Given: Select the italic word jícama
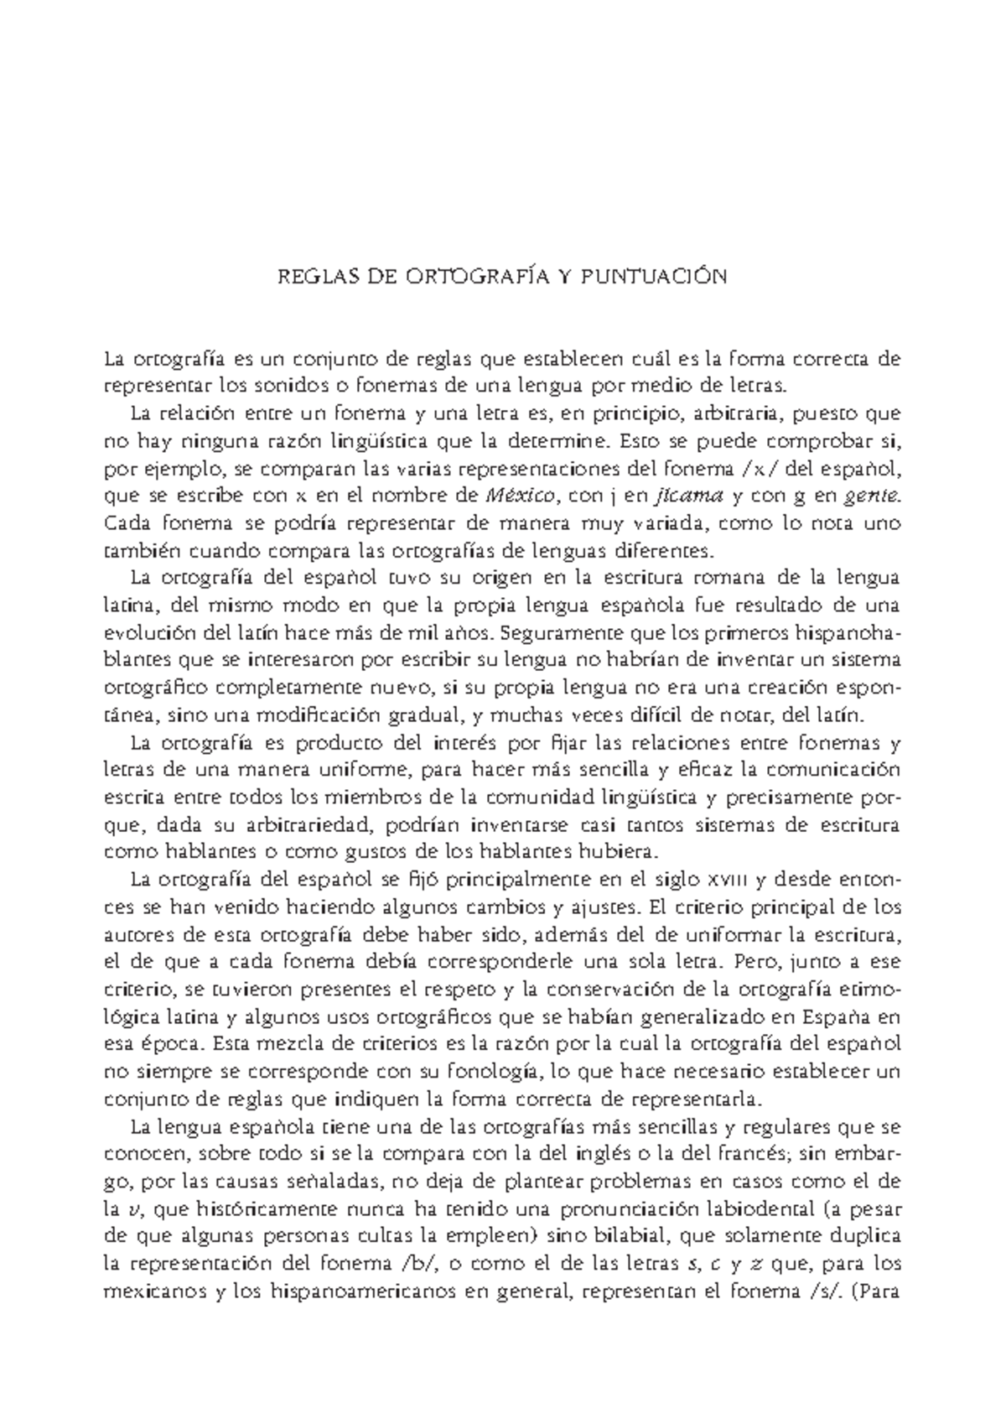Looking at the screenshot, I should click(x=690, y=496).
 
